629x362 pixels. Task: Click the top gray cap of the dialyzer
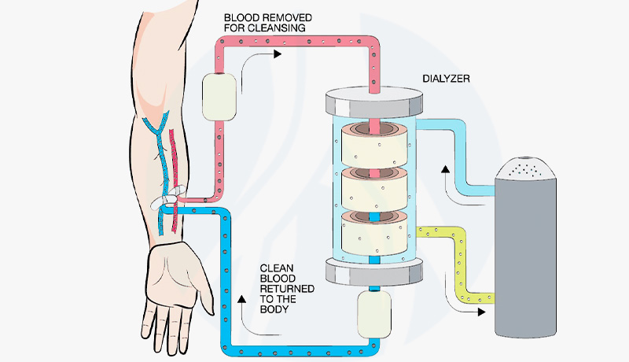point(370,103)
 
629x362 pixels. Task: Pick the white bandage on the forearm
point(167,198)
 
